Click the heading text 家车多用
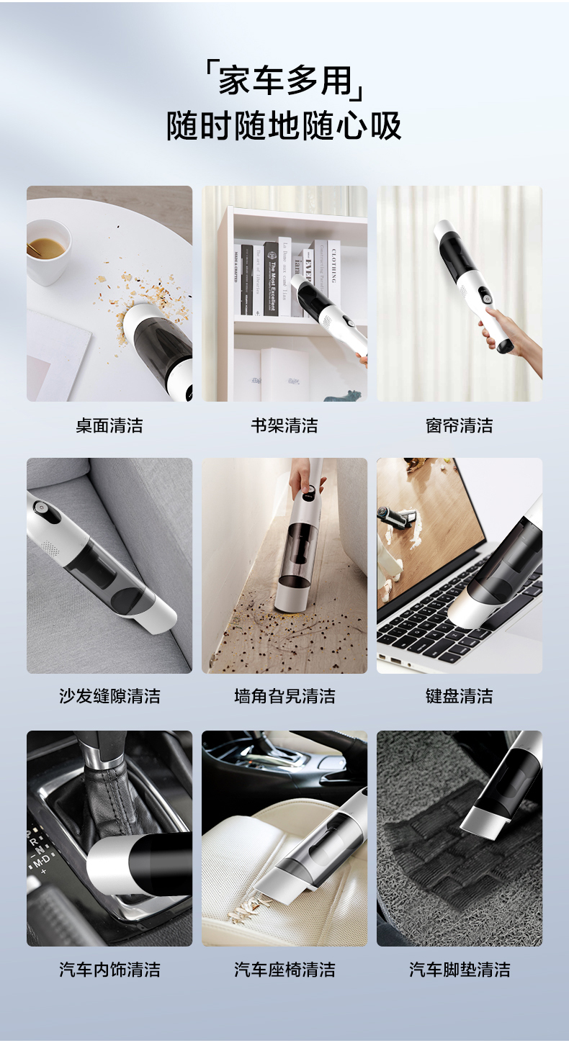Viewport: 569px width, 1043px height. click(x=284, y=80)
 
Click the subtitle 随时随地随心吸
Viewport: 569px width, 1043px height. click(x=284, y=126)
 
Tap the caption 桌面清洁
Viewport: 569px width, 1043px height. click(x=109, y=425)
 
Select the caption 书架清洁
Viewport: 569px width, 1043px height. click(x=284, y=425)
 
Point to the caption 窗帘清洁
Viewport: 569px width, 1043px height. click(x=459, y=425)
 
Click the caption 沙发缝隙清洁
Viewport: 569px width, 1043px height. click(x=109, y=696)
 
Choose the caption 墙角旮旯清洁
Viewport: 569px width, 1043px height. click(x=284, y=696)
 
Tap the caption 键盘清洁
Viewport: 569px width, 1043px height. click(x=459, y=696)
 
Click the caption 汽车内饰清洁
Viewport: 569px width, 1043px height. click(x=109, y=969)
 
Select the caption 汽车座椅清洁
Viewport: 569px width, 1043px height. click(x=284, y=969)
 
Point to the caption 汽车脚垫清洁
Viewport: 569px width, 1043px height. click(x=459, y=969)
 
